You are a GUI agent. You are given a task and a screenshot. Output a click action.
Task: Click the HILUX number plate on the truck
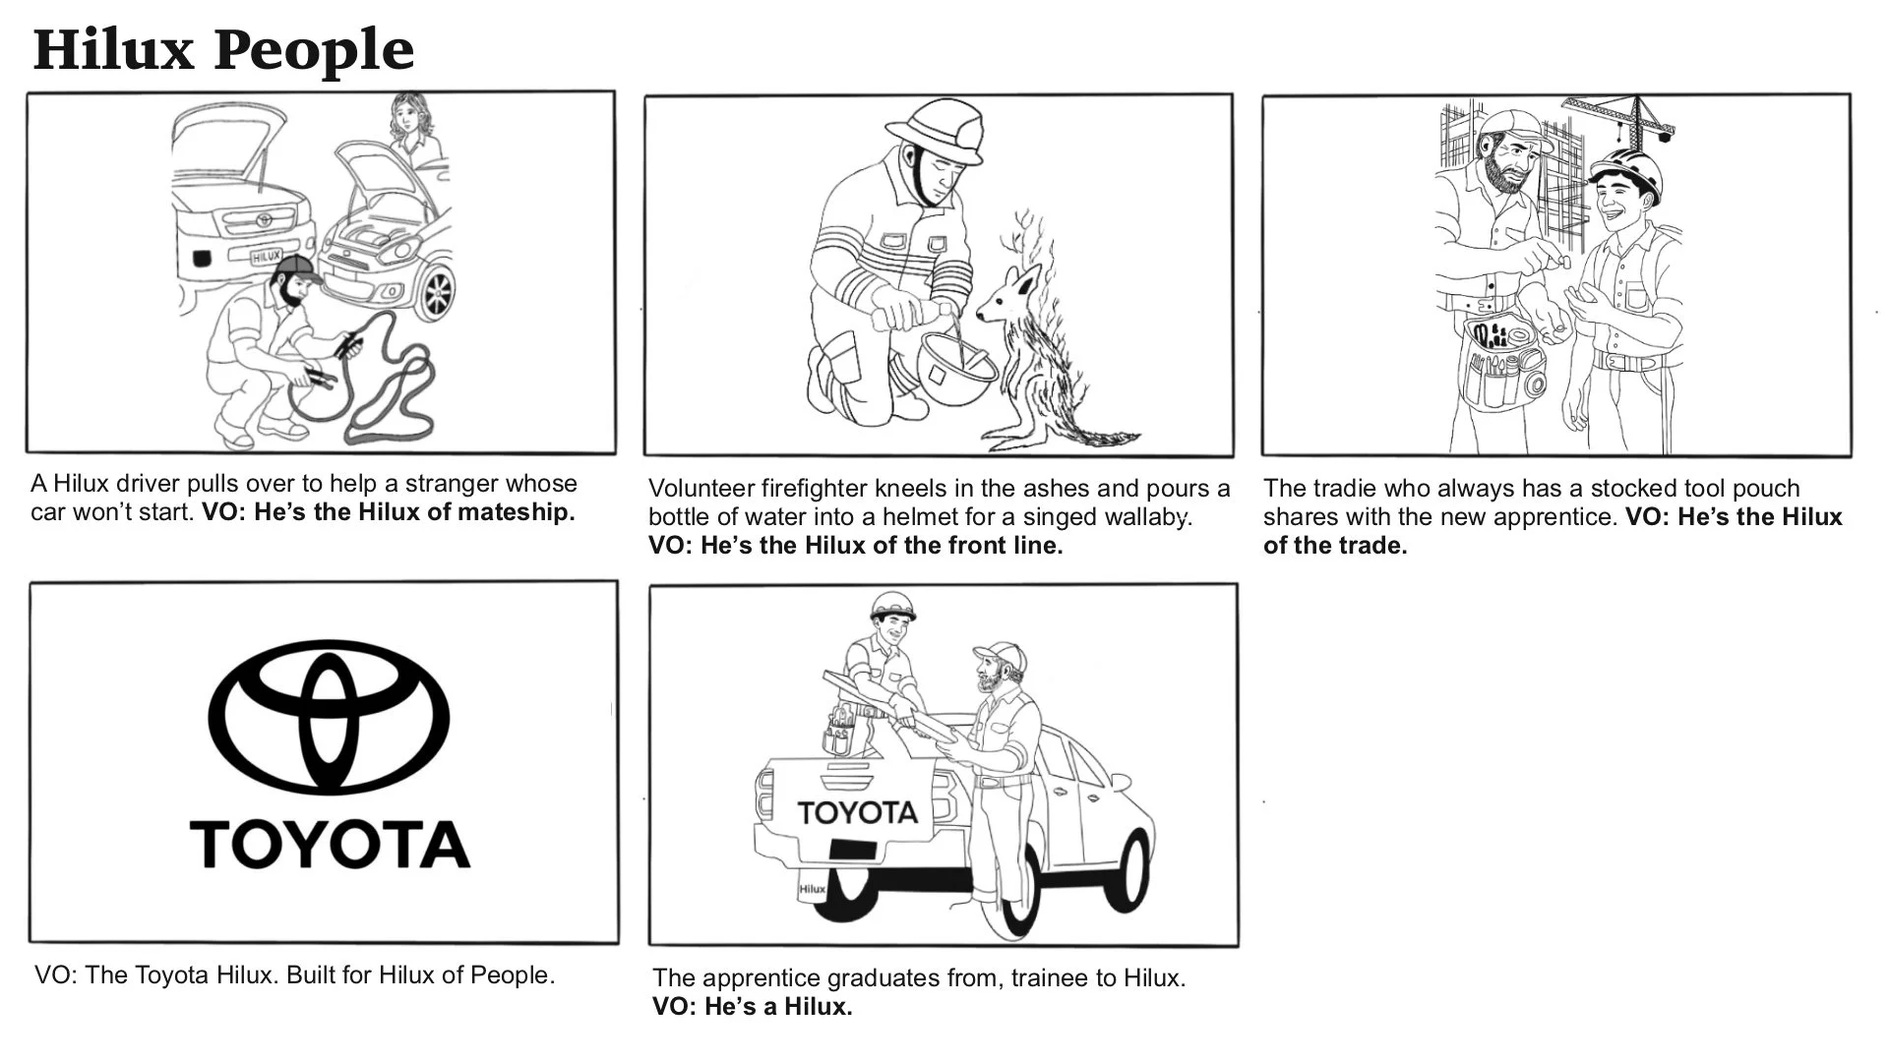pyautogui.click(x=266, y=257)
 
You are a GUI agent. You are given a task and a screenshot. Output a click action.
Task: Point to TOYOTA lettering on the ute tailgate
pyautogui.click(x=857, y=812)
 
